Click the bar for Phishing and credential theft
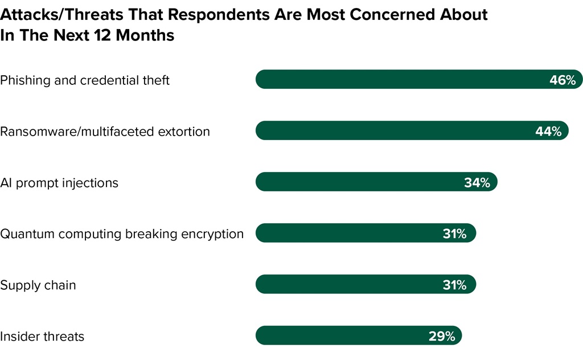click(399, 80)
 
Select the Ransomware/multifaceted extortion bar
click(393, 131)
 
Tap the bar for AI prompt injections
click(359, 182)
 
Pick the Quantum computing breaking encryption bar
click(347, 233)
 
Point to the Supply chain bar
click(347, 284)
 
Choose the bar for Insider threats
click(342, 336)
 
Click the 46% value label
click(563, 80)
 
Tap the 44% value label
click(548, 132)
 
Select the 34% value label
click(477, 183)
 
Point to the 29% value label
click(442, 336)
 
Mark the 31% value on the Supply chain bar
click(454, 285)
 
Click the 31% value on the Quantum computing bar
click(454, 234)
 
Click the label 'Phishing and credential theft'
click(85, 80)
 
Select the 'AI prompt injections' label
click(59, 183)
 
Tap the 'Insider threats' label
click(42, 337)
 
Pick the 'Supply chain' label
click(38, 285)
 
